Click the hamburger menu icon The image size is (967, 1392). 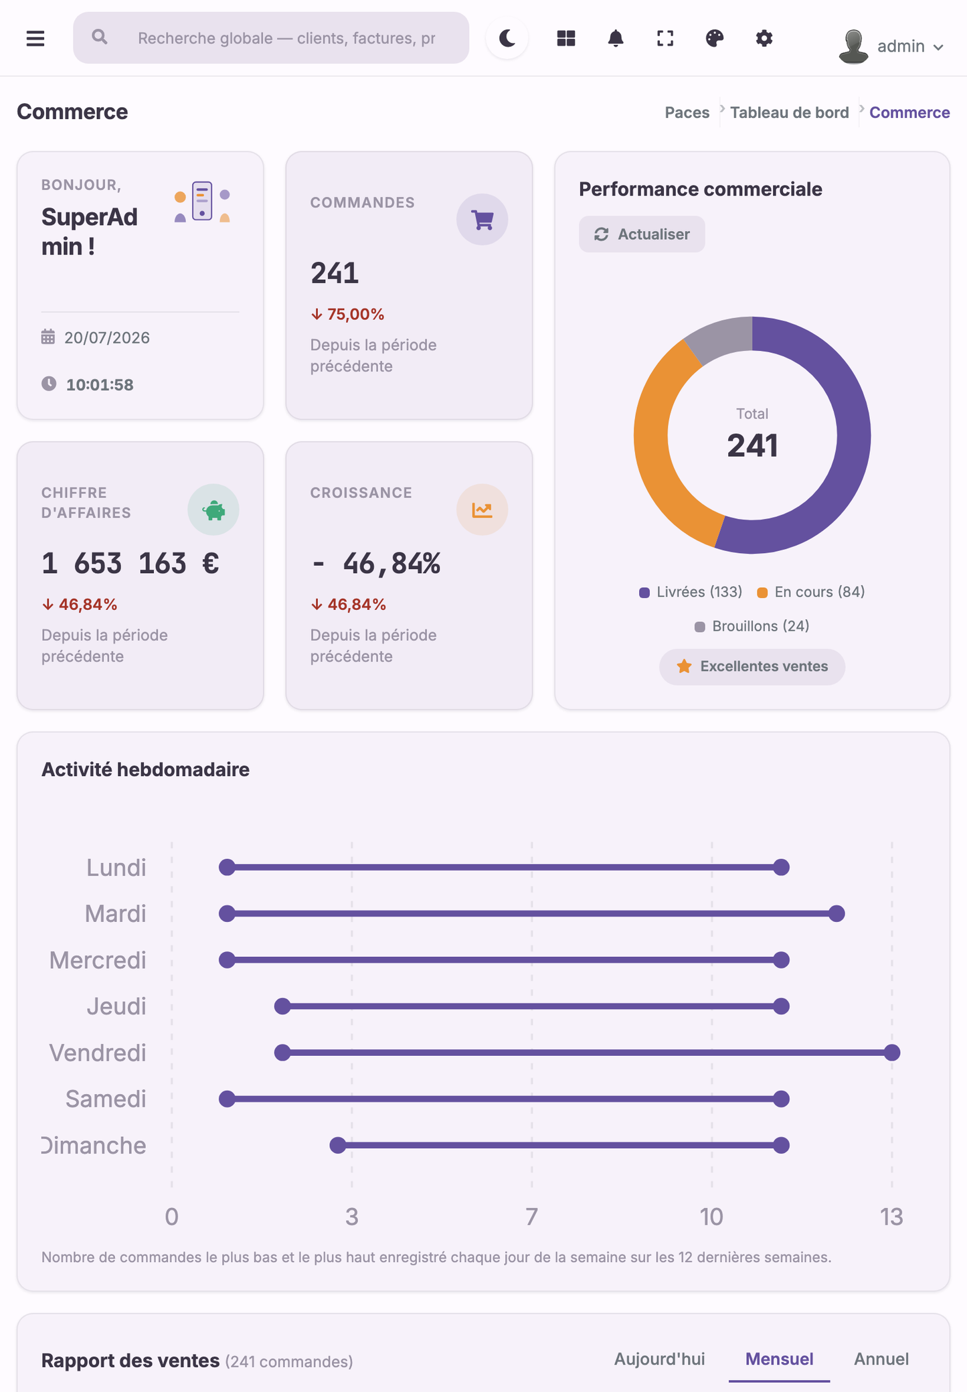35,38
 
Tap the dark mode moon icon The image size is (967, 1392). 507,38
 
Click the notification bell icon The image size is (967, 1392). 616,38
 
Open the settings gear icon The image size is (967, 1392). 764,38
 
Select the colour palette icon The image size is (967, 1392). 715,38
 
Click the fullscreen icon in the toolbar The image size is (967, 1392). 665,38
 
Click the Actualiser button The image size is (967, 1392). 642,234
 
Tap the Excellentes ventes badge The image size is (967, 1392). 752,666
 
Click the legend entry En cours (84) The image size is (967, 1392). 811,592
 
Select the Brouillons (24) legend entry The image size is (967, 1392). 752,626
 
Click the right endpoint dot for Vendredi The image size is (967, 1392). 891,1053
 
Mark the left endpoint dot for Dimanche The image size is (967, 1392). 338,1145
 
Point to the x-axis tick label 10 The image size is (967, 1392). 711,1217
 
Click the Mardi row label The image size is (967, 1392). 115,913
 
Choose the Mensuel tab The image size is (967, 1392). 780,1359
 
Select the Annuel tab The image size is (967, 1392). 881,1359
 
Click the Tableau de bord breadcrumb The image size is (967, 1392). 790,112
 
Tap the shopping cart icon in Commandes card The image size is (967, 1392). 482,220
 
